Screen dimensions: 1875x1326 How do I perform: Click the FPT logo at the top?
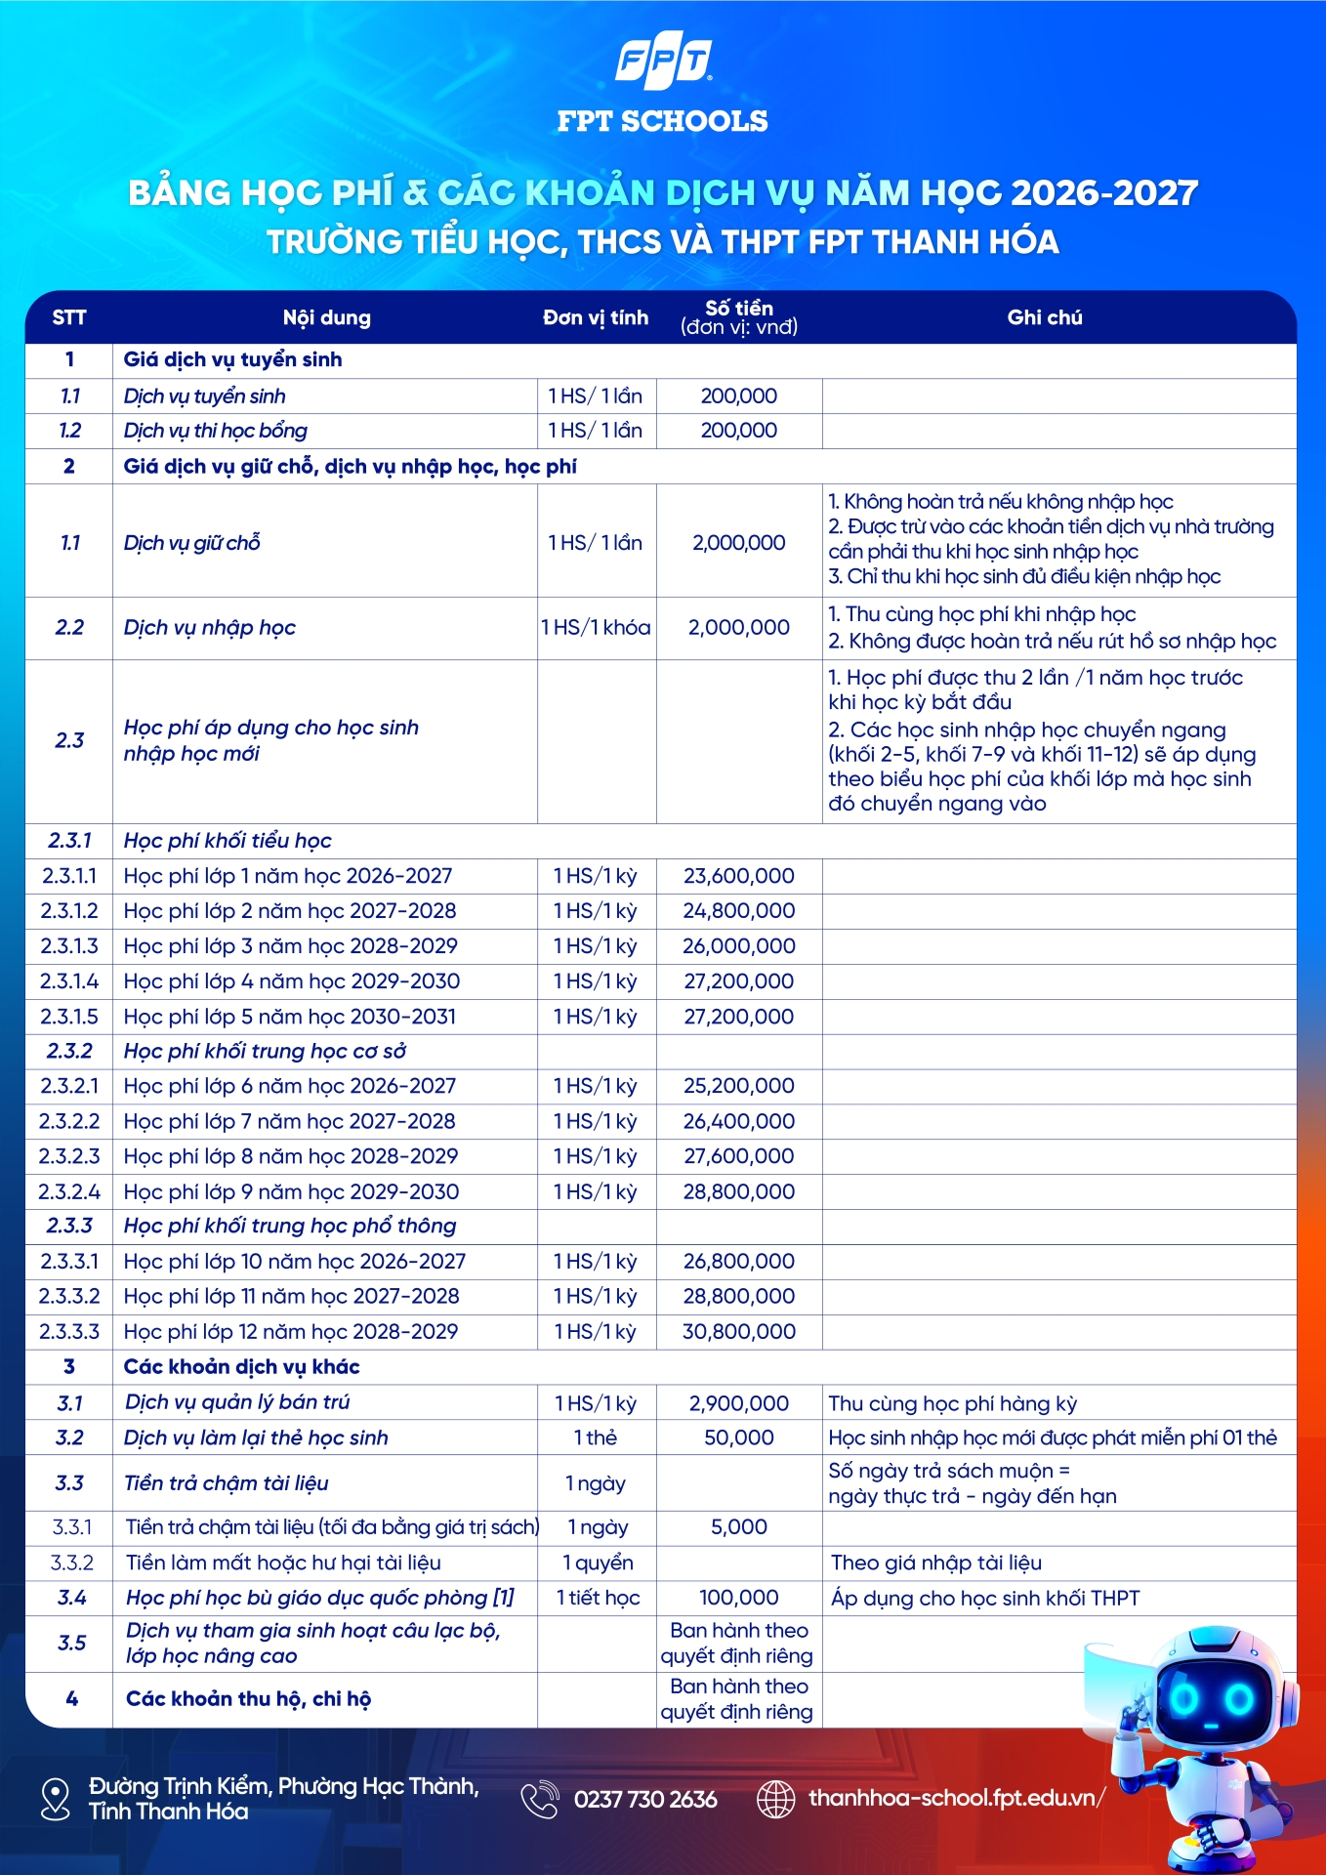[663, 62]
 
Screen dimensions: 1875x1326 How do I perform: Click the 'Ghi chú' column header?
[1045, 317]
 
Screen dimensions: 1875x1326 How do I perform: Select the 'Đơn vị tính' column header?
[596, 317]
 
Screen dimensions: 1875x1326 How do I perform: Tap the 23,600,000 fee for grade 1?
[739, 876]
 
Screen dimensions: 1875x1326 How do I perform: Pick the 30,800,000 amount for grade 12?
[739, 1331]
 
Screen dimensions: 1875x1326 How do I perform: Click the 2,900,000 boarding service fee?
[739, 1403]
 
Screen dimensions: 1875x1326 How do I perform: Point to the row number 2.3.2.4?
[69, 1191]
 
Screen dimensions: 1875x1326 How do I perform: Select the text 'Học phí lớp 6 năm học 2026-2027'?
[290, 1086]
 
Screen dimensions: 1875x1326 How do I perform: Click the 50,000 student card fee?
[739, 1437]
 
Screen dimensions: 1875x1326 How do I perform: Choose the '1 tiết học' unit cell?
[598, 1598]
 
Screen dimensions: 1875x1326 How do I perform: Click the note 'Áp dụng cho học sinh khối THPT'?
[985, 1598]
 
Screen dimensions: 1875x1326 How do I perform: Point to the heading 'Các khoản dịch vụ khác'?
[241, 1366]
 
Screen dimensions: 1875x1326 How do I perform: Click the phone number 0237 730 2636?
[645, 1799]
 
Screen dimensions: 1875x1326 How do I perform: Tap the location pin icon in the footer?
[56, 1799]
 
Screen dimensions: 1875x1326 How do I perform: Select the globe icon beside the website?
[776, 1799]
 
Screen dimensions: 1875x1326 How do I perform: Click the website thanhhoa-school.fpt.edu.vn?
[956, 1798]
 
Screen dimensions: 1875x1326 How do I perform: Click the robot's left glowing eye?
[1183, 1700]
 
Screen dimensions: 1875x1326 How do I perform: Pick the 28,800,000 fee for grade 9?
[739, 1191]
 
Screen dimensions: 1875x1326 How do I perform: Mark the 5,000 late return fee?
[739, 1526]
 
